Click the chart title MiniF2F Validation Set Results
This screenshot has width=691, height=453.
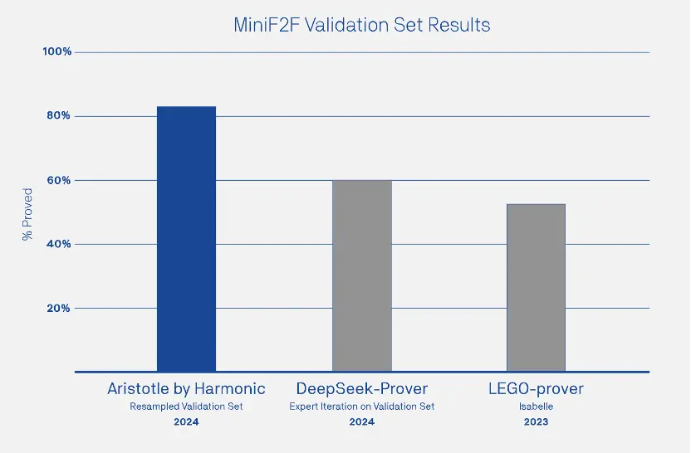[x=361, y=25]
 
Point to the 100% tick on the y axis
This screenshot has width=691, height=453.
[x=57, y=52]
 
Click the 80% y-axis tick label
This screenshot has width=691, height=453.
[x=59, y=116]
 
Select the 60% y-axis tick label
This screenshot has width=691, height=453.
[x=59, y=180]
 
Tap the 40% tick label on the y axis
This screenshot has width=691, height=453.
[x=59, y=244]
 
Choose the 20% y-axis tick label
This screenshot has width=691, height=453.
[x=59, y=308]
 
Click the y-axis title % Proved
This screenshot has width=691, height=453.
[x=27, y=214]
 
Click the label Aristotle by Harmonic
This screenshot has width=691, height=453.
[x=186, y=388]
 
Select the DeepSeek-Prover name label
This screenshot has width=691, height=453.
[x=361, y=388]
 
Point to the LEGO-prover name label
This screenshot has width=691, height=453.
[x=536, y=388]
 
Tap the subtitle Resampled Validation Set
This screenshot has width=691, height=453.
[x=186, y=407]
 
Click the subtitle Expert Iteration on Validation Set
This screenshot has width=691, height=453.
[x=361, y=407]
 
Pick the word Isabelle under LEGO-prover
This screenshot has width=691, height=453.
[x=536, y=407]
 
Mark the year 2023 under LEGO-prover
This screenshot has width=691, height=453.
[x=536, y=422]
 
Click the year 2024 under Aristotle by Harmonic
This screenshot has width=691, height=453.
[x=186, y=422]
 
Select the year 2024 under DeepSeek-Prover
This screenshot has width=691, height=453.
[x=361, y=422]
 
